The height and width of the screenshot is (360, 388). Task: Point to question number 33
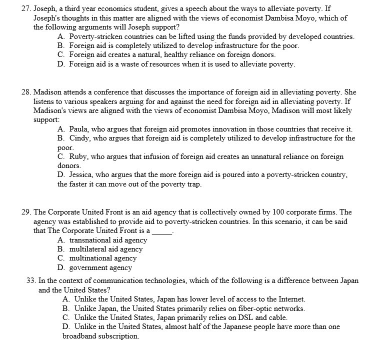(x=30, y=280)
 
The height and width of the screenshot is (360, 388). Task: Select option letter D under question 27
(x=60, y=64)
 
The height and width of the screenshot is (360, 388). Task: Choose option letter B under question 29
(x=60, y=248)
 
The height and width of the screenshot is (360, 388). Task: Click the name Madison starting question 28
(x=48, y=92)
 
